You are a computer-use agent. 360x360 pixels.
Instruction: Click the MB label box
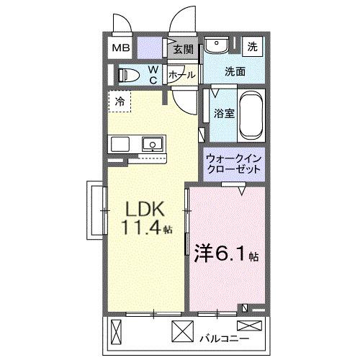120,48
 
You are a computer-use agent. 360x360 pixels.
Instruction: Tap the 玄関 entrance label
183,49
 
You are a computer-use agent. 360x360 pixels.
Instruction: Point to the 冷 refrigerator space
120,101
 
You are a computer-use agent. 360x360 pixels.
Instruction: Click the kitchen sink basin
152,144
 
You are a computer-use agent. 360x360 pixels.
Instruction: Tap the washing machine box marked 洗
252,46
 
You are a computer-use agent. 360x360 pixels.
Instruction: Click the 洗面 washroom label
234,71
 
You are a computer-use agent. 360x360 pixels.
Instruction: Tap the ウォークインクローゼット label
233,163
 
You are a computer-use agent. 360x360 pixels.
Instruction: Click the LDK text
147,210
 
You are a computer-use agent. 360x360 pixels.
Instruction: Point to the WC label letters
153,74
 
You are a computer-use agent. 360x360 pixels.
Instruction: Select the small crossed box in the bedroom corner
249,309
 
